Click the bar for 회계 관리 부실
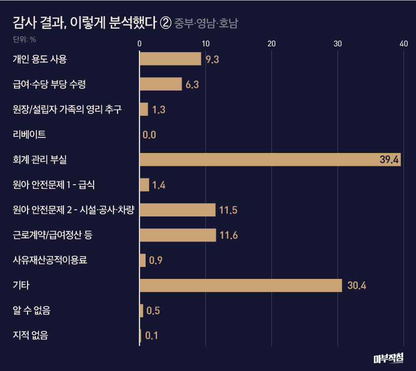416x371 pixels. [x=270, y=160]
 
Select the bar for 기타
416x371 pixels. [x=241, y=286]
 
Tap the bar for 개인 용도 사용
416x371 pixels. [x=170, y=59]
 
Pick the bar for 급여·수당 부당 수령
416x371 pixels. [x=161, y=84]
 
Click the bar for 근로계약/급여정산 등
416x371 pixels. [x=178, y=235]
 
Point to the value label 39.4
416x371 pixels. [x=389, y=160]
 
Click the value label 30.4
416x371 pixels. [x=356, y=286]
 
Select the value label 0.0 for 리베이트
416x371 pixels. [x=149, y=135]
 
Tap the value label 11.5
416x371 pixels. [x=228, y=210]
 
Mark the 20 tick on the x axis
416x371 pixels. [x=271, y=44]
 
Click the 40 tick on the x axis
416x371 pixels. [x=404, y=44]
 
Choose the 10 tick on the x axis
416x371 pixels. [x=205, y=44]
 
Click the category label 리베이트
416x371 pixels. [x=29, y=135]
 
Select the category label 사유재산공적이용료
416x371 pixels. [x=49, y=260]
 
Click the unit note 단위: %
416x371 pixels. [x=24, y=39]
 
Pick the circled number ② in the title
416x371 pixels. [x=165, y=23]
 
